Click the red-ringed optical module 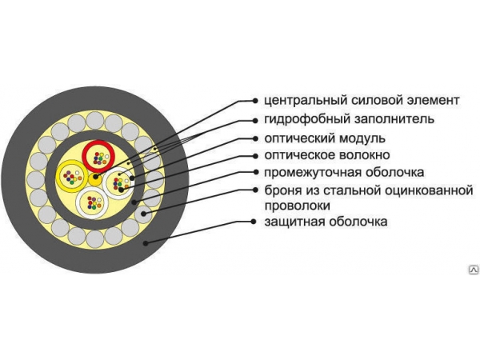99,154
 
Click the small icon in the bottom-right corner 473,270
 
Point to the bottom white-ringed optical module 94,199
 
